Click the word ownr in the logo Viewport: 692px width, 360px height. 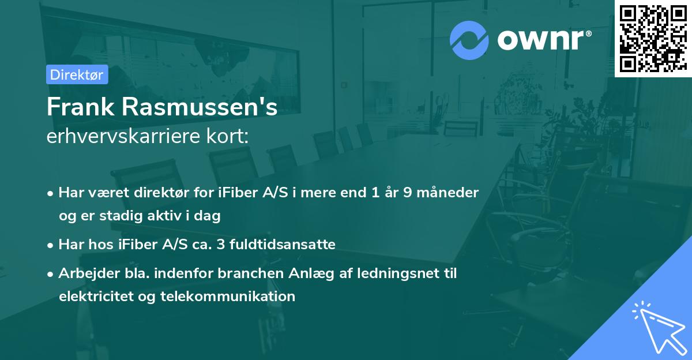point(542,40)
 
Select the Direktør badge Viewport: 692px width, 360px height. point(77,74)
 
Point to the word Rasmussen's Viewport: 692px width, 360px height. point(199,107)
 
